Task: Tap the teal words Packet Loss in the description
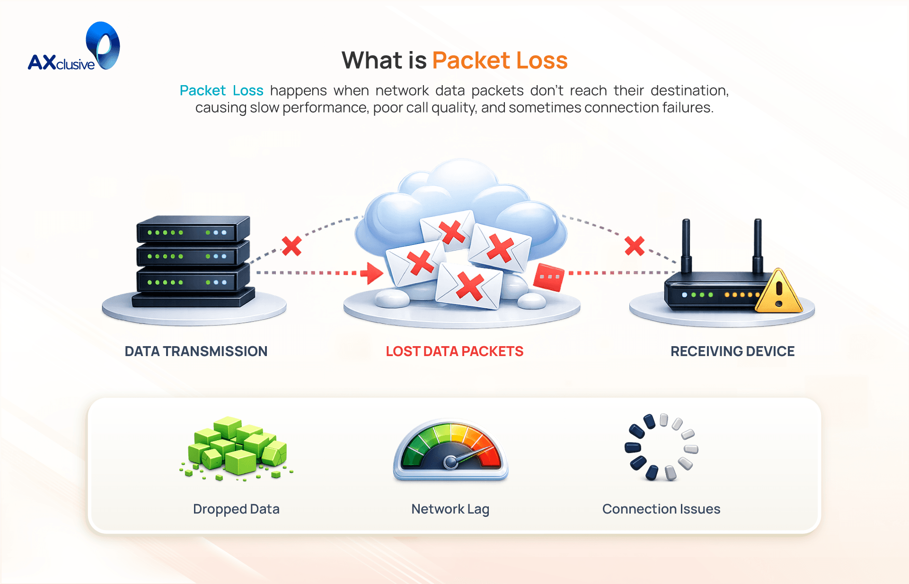[221, 90]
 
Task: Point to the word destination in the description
[689, 90]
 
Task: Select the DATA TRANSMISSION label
[196, 351]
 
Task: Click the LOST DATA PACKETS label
[454, 351]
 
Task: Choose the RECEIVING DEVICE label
[732, 351]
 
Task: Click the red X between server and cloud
[291, 246]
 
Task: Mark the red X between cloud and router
[634, 246]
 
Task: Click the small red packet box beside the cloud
[548, 278]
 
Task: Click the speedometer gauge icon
[450, 449]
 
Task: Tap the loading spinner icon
[661, 447]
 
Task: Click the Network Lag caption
[450, 509]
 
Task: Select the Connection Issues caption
[661, 509]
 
